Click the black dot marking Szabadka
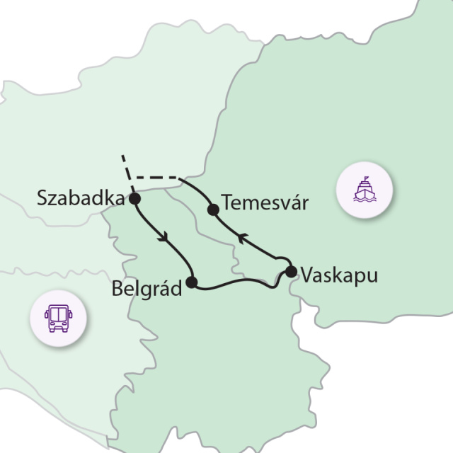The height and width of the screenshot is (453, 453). tap(134, 199)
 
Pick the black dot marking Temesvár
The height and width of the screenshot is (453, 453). tap(212, 209)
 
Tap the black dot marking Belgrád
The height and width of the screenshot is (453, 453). tap(190, 282)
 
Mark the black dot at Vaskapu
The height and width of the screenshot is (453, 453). tap(290, 271)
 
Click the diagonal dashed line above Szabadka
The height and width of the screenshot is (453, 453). tap(126, 168)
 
